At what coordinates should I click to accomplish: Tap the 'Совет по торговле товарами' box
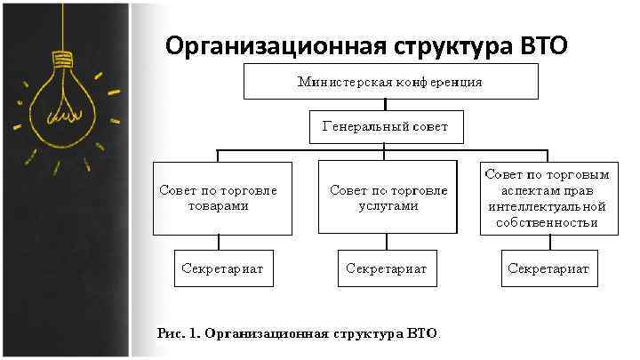click(222, 197)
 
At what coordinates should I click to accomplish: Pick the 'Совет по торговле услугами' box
click(388, 197)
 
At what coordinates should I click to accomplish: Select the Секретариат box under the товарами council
click(222, 268)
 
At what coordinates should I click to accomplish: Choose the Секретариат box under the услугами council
click(388, 268)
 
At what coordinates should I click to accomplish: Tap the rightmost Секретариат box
click(548, 268)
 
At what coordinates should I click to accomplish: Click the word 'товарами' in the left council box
click(218, 205)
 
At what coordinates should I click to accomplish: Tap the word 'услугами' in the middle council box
click(388, 205)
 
